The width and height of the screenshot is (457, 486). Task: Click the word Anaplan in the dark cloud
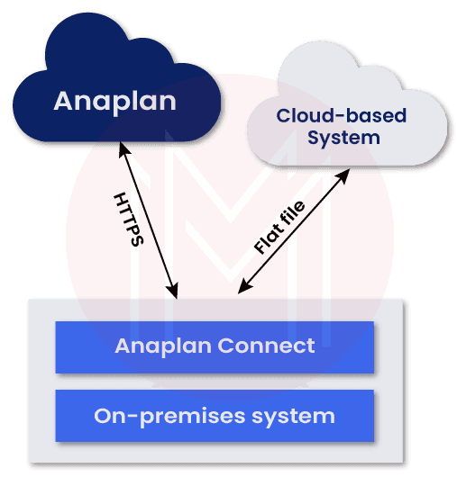[114, 100]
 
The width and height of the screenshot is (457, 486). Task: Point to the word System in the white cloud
[343, 138]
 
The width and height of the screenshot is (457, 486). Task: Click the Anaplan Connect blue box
[215, 346]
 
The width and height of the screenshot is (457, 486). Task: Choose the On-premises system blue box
[215, 417]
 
